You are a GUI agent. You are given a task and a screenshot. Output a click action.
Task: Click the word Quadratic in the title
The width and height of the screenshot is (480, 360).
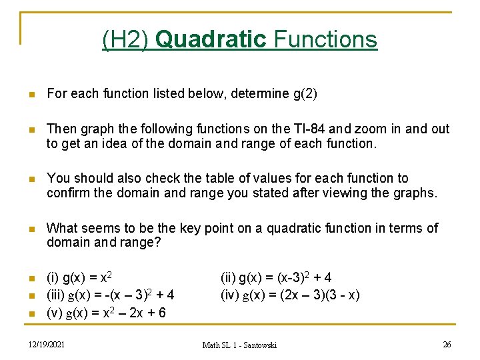(x=211, y=40)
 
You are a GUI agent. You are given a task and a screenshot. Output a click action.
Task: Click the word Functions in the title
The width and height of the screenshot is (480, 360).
(x=325, y=40)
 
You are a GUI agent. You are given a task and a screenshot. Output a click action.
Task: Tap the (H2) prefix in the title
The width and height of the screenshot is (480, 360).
(x=126, y=40)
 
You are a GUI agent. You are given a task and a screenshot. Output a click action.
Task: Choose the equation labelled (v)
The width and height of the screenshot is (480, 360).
(x=106, y=313)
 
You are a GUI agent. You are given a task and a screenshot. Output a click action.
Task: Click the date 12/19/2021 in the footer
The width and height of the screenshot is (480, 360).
(x=47, y=344)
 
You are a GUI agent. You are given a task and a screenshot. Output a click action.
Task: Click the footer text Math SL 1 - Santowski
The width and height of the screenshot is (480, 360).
(x=239, y=345)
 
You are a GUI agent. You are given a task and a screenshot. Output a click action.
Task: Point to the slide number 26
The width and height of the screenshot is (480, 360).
(x=447, y=344)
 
